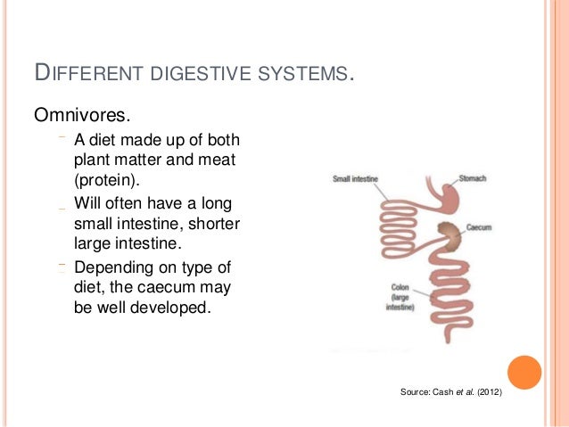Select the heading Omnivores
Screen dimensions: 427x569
point(76,115)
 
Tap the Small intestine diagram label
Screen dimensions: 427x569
point(355,179)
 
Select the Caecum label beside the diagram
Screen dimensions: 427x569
point(479,227)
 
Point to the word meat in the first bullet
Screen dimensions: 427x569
point(219,160)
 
